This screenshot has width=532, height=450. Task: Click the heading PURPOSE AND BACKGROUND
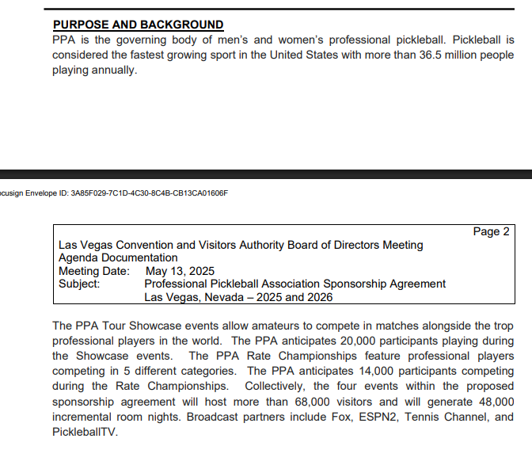pyautogui.click(x=138, y=25)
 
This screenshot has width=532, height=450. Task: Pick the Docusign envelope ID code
pyautogui.click(x=149, y=193)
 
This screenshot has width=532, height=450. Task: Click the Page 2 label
pyautogui.click(x=491, y=231)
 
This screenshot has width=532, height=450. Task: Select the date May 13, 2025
pyautogui.click(x=180, y=271)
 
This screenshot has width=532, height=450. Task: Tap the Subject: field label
pyautogui.click(x=79, y=284)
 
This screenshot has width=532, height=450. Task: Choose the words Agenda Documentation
pyautogui.click(x=118, y=258)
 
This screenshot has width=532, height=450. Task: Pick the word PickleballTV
pyautogui.click(x=85, y=432)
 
